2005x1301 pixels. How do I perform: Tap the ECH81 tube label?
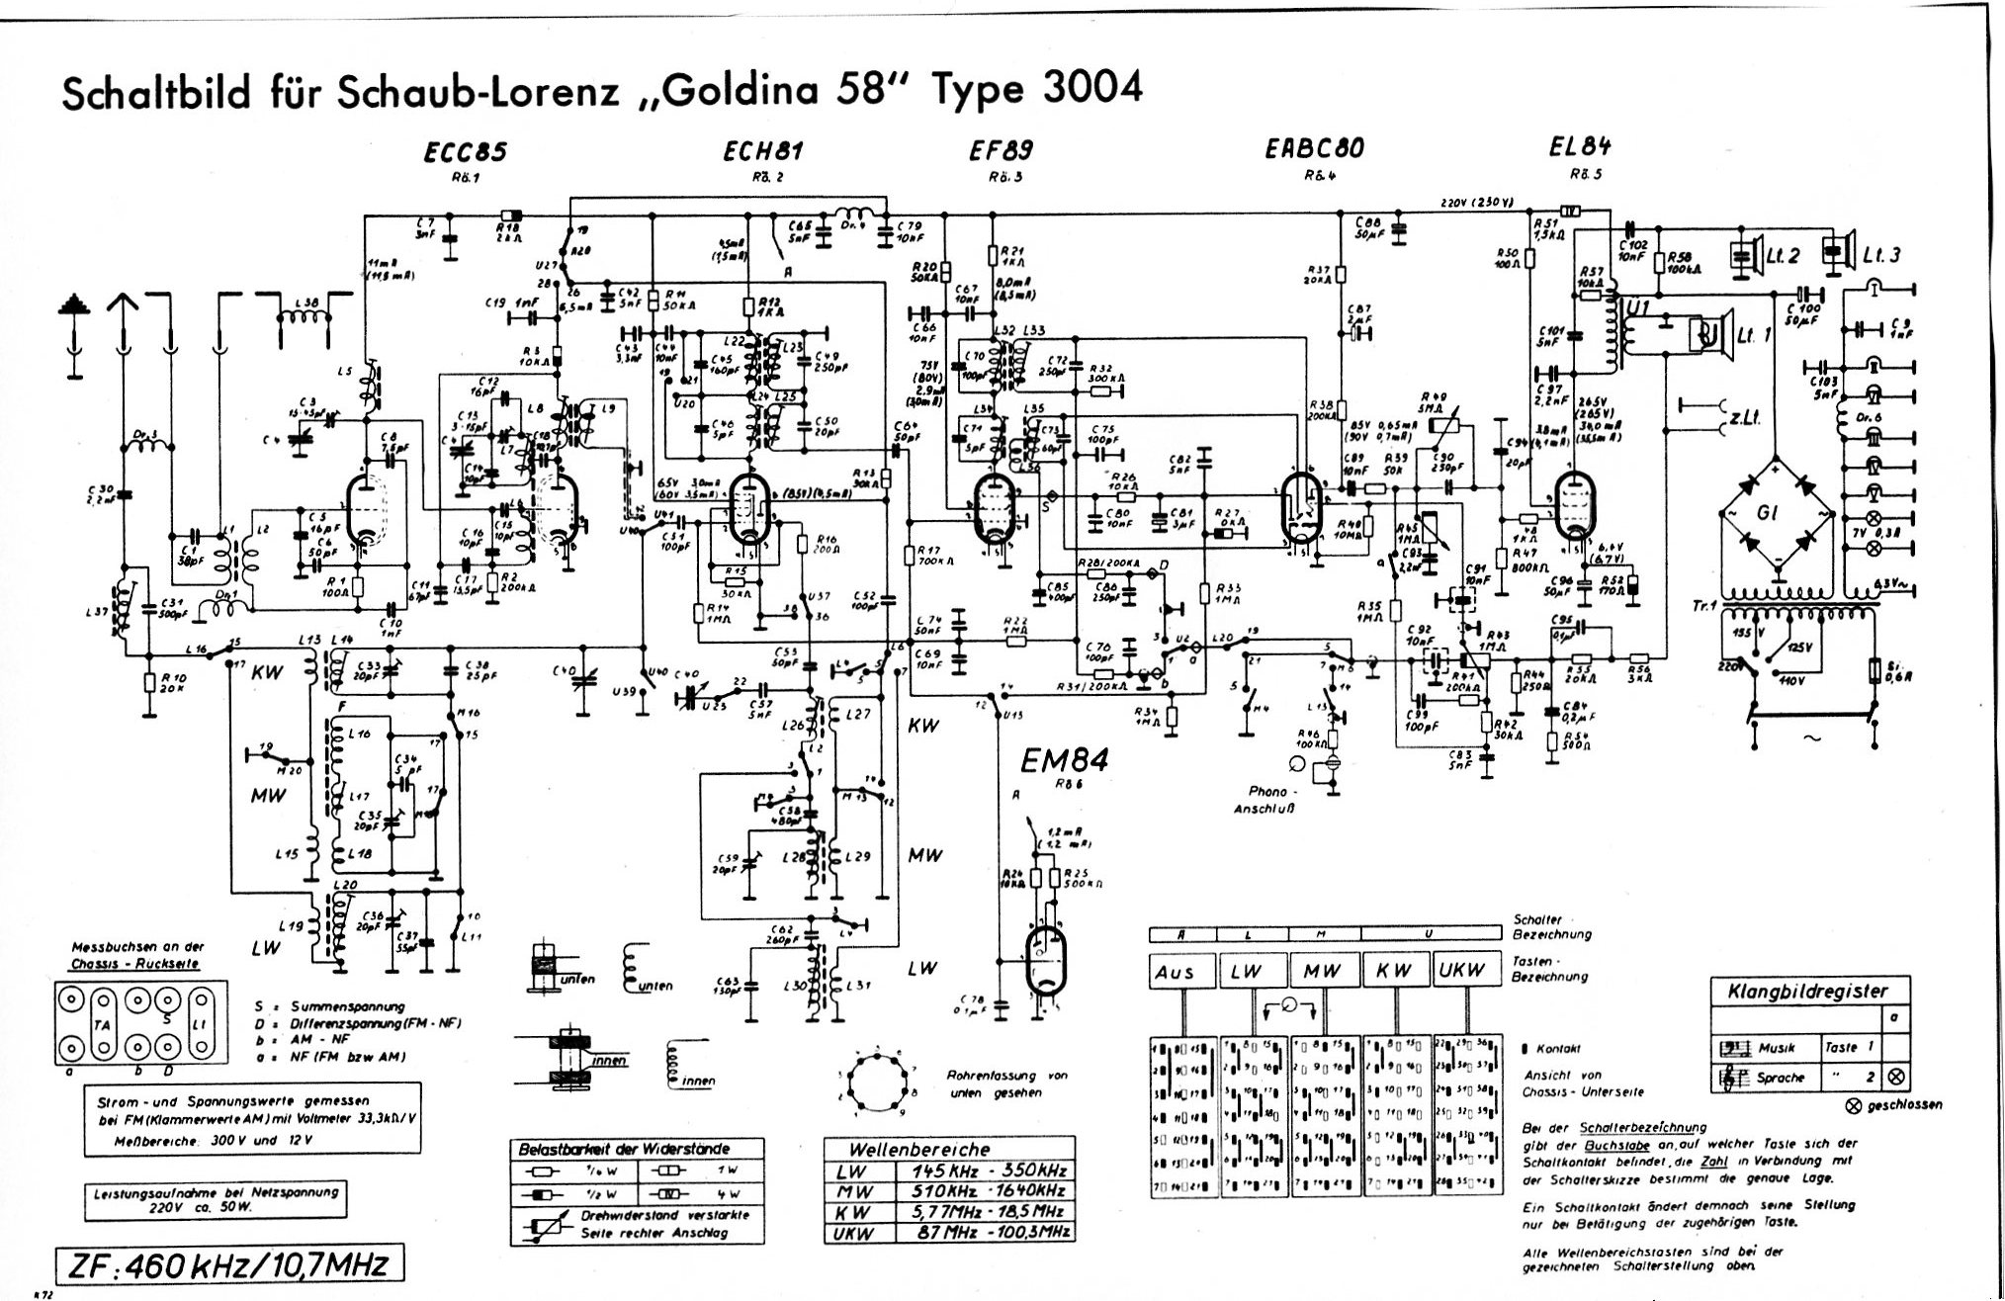pyautogui.click(x=764, y=151)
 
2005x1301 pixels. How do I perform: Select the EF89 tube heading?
pyautogui.click(x=1001, y=150)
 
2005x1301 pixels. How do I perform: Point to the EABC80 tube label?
pyautogui.click(x=1314, y=148)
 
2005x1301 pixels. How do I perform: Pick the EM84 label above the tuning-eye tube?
pyautogui.click(x=1064, y=761)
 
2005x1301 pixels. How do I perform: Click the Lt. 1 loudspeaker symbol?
pyautogui.click(x=1710, y=336)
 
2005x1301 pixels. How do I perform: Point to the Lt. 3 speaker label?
pyautogui.click(x=1880, y=255)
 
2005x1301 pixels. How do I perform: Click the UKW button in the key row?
pyautogui.click(x=1461, y=971)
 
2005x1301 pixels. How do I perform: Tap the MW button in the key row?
pyautogui.click(x=1322, y=972)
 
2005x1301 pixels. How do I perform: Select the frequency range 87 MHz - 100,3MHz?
pyautogui.click(x=984, y=1232)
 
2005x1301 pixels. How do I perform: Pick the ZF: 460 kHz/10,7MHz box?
pyautogui.click(x=230, y=1264)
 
